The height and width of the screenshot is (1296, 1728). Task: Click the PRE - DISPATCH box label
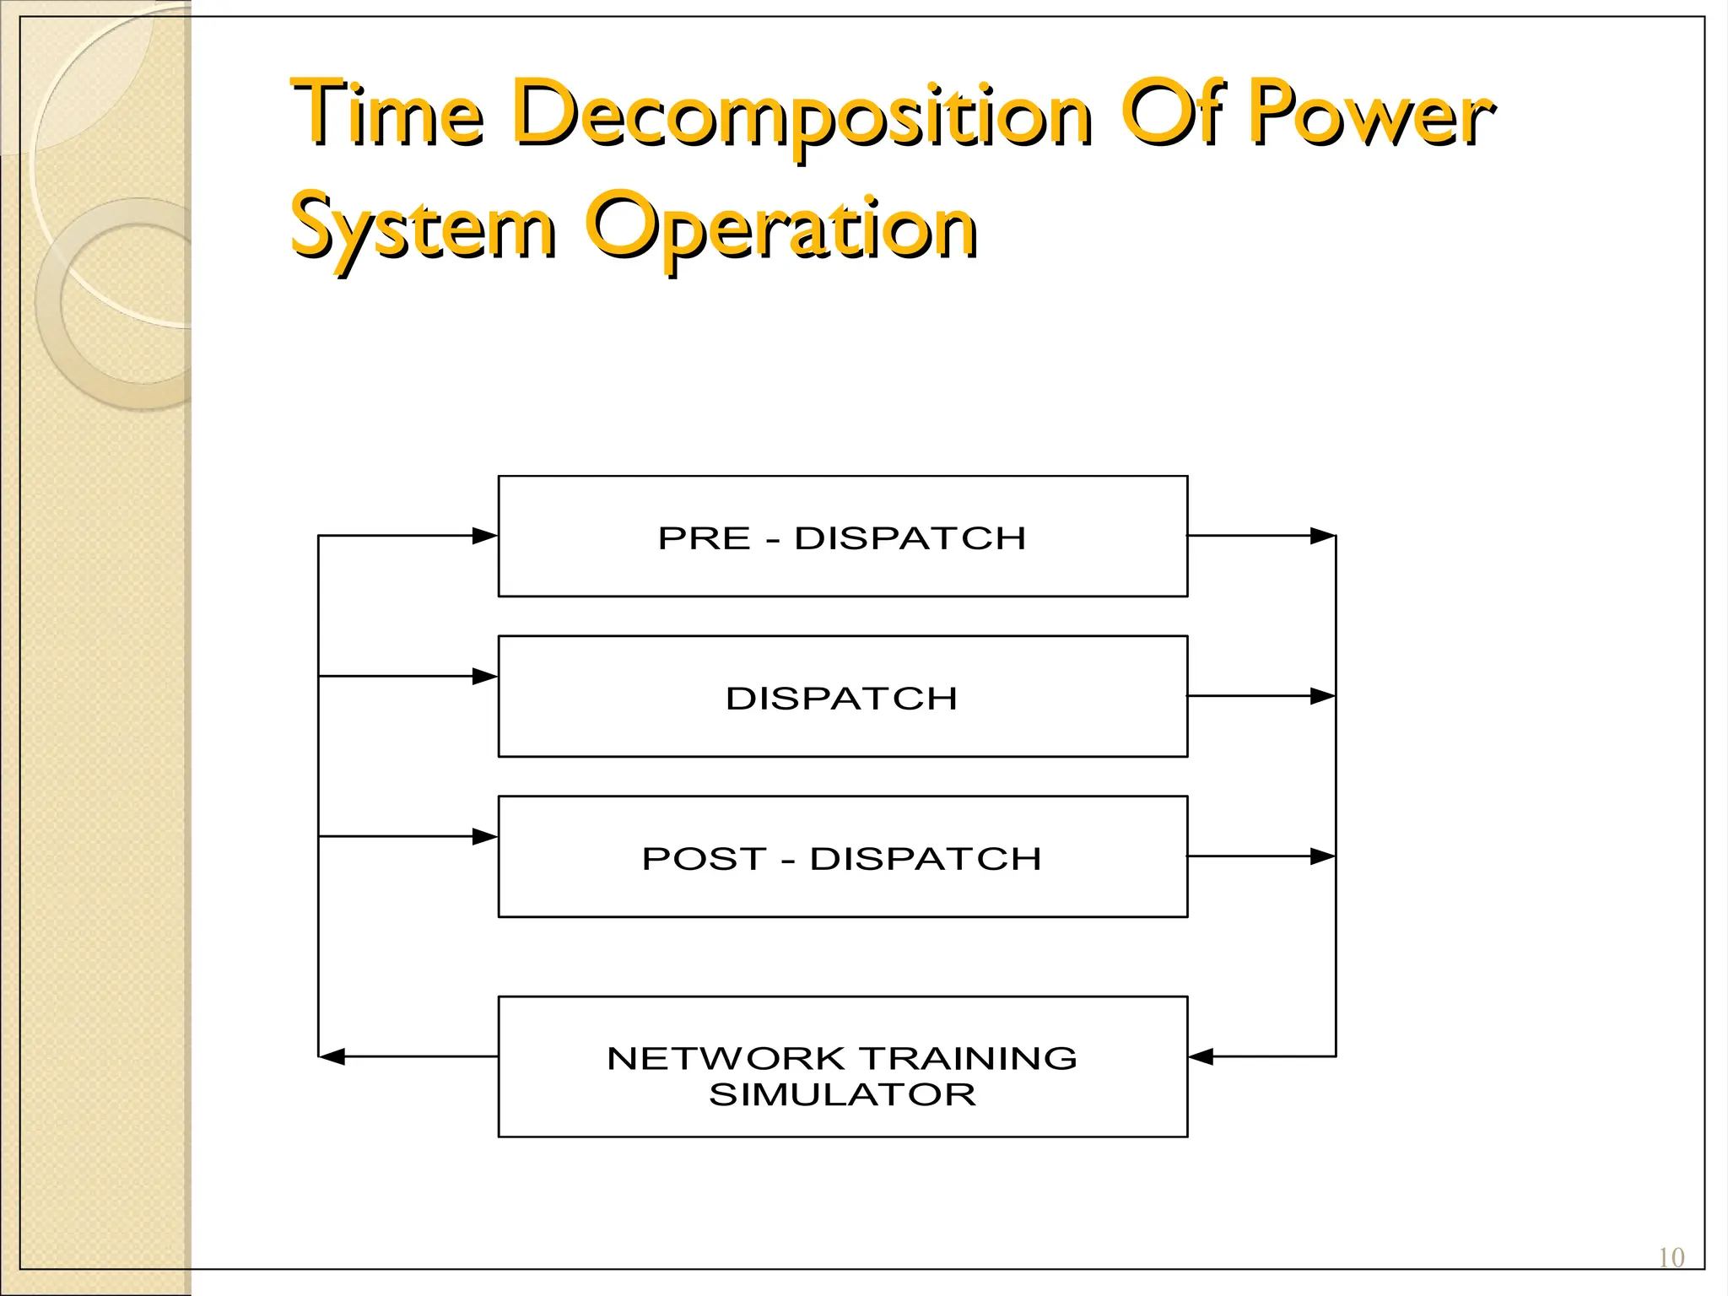(842, 538)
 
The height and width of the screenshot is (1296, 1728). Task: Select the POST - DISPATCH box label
(842, 859)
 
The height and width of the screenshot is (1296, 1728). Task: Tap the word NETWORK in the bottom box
(726, 1058)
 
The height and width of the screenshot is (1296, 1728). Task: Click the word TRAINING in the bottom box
(969, 1058)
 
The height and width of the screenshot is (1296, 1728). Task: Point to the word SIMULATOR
(842, 1094)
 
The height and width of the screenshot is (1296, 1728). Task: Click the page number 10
(1671, 1258)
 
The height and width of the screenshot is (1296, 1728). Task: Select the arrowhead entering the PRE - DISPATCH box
(485, 536)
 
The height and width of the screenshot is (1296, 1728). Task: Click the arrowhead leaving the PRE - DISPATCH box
(1322, 536)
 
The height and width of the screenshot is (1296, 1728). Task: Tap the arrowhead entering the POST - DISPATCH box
(485, 836)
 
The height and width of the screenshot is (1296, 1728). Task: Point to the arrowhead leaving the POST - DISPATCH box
(1322, 856)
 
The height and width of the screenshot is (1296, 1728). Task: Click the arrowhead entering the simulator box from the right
(1201, 1056)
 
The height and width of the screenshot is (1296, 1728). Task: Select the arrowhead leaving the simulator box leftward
(332, 1056)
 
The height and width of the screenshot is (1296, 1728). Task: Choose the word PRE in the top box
(704, 538)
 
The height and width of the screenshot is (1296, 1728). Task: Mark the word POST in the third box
(705, 859)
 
